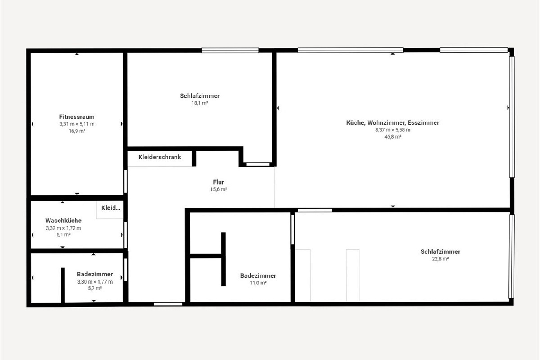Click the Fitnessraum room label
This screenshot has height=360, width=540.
tap(77, 117)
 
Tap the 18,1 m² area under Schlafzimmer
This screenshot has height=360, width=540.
tap(200, 103)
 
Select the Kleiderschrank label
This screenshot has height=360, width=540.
tap(159, 157)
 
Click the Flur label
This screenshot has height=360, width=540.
tap(219, 182)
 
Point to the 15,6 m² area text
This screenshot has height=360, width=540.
tap(219, 189)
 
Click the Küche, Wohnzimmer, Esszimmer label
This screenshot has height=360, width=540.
tap(393, 123)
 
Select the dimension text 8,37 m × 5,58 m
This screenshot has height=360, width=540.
tap(393, 130)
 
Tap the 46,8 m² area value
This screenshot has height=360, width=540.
tap(393, 137)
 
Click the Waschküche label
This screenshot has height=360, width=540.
tap(63, 220)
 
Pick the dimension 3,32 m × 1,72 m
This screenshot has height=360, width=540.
tap(63, 228)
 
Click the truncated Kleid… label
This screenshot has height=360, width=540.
tap(111, 208)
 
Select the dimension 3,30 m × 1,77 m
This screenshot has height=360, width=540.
tap(95, 282)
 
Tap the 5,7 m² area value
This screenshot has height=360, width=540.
tap(95, 288)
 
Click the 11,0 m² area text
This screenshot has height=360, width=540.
tap(258, 283)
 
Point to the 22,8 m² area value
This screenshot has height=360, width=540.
tap(440, 259)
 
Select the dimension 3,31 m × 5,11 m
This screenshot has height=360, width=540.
tap(77, 124)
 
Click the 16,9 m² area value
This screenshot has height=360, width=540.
tap(77, 131)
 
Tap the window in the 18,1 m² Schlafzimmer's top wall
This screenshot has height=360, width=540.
tap(230, 50)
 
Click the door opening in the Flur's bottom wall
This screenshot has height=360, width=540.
tap(168, 304)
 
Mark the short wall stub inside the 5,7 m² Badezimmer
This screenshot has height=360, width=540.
tap(63, 285)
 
